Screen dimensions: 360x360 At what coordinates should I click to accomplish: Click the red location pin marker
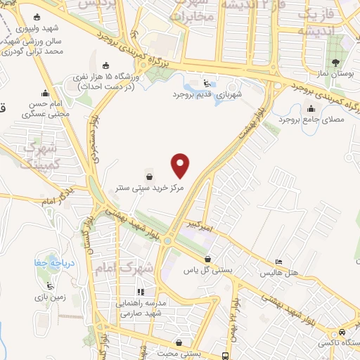point(181,165)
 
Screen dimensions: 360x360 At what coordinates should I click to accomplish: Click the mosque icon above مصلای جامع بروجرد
point(311,108)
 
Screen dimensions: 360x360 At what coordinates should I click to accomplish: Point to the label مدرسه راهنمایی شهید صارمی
point(141,309)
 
